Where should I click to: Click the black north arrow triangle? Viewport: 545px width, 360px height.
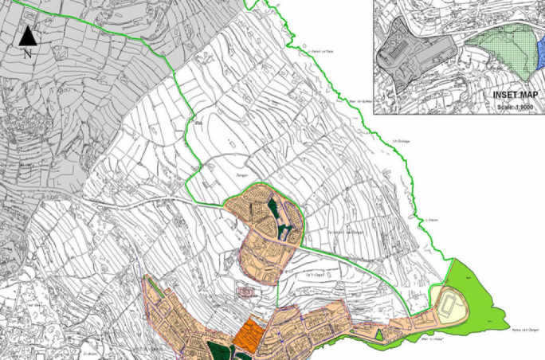27,35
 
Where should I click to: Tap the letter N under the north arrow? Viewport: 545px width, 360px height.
27,53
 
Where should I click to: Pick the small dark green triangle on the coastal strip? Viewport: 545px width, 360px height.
379,336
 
